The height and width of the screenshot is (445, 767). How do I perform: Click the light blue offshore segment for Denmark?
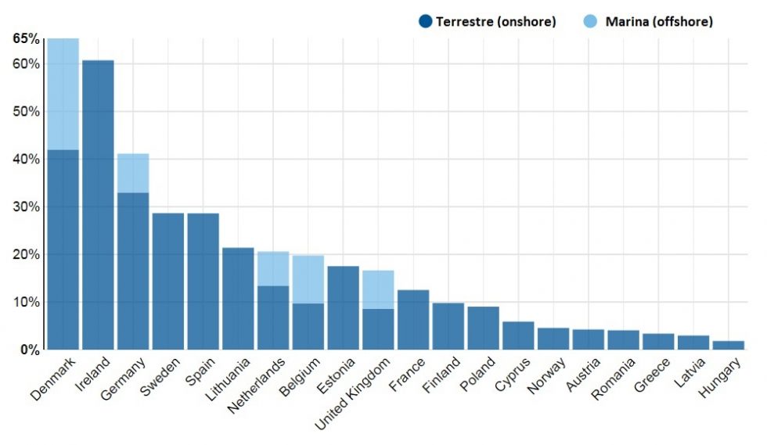(x=63, y=93)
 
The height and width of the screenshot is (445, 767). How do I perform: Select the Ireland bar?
(x=98, y=204)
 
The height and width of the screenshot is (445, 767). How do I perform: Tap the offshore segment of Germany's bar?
(x=133, y=173)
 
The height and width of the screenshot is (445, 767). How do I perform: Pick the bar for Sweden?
(x=167, y=281)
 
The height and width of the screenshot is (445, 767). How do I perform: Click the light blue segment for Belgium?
(x=308, y=278)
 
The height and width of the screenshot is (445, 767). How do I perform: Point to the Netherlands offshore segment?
(x=273, y=268)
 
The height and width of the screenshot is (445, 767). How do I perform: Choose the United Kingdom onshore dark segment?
(x=378, y=328)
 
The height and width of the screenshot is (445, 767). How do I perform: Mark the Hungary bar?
(x=728, y=345)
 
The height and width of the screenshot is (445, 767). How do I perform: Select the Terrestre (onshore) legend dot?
(x=426, y=22)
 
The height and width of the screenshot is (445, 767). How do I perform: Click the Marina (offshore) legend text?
(x=659, y=22)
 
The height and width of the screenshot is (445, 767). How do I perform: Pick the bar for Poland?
(x=483, y=328)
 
